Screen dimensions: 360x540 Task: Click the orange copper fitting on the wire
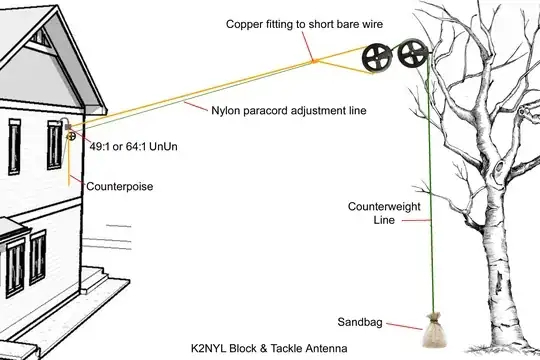coord(312,62)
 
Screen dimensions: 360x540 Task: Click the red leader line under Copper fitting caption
coord(313,44)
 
